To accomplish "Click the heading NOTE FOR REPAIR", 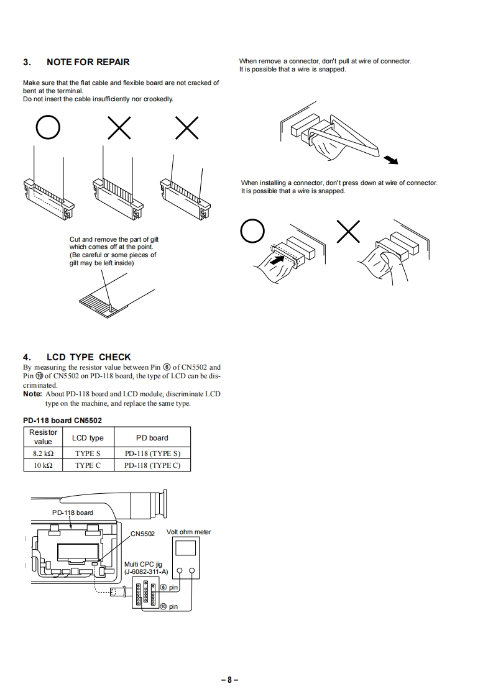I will point(88,62).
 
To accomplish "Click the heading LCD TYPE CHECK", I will point(89,357).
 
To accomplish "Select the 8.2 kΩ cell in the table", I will point(43,453).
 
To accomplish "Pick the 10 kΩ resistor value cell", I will point(43,465).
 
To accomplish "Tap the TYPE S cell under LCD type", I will point(88,453).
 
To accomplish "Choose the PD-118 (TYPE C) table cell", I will point(152,465).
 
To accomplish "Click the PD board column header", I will point(152,438).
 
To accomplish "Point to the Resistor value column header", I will point(43,437).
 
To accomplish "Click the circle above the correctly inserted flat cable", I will point(48,129).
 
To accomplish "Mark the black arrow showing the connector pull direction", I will point(390,160).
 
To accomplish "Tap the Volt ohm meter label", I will point(189,532).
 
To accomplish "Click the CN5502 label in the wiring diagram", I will point(142,534).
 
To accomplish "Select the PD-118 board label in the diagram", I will point(72,512).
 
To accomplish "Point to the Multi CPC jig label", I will point(142,564).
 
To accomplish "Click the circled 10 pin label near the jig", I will point(168,606).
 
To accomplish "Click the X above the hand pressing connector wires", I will point(349,232).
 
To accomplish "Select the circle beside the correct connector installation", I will point(252,233).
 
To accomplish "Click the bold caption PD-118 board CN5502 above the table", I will point(62,420).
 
